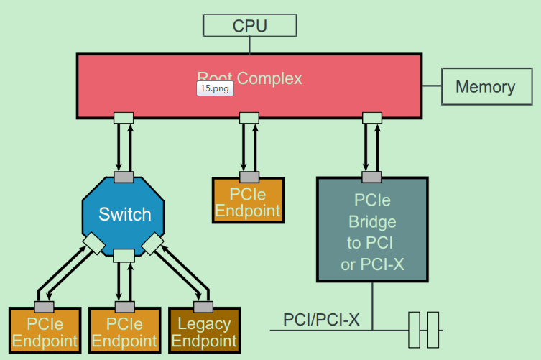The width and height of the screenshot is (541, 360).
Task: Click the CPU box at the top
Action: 249,26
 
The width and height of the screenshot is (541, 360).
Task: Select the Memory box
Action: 485,87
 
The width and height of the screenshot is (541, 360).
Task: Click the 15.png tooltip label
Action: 215,88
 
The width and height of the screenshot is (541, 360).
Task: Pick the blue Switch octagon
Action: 124,214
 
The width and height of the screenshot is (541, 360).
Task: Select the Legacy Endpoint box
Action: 203,332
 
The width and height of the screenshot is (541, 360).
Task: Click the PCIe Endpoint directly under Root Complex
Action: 248,202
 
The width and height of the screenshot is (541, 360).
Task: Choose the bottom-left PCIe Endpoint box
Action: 45,332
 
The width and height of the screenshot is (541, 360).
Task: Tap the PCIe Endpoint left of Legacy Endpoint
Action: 124,332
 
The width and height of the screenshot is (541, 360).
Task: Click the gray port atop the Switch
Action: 124,177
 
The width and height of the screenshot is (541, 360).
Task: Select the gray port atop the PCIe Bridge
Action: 371,177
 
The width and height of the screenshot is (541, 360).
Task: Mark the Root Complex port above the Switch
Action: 124,117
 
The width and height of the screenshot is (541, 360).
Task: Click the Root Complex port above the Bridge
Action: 371,117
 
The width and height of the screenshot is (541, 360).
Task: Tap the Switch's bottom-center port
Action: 124,255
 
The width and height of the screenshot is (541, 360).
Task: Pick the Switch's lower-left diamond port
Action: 94,244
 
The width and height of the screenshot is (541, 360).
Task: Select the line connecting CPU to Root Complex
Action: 249,45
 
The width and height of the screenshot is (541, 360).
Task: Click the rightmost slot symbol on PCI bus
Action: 433,330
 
